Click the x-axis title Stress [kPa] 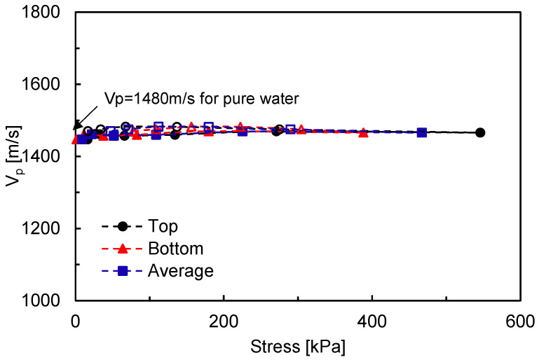point(298,346)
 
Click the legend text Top point(163,226)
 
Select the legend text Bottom point(175,248)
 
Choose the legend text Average point(180,270)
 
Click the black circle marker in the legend point(123,226)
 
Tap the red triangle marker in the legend point(123,248)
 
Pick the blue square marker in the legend point(123,270)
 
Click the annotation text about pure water point(201,99)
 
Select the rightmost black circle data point point(480,132)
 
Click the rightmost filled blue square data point point(422,132)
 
